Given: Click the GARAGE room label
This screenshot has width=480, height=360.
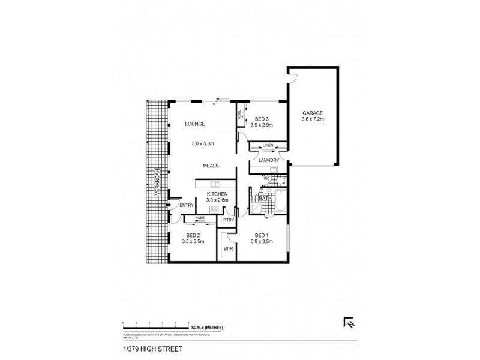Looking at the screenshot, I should click(x=312, y=113).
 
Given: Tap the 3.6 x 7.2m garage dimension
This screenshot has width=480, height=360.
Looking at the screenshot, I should click(x=312, y=119).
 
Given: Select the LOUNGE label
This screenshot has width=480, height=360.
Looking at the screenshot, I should click(x=195, y=124).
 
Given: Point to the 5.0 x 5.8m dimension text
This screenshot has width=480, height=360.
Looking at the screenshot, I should click(x=203, y=144).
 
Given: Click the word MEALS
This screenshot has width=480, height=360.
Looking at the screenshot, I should click(x=210, y=166).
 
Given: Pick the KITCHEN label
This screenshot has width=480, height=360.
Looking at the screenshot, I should click(x=216, y=194).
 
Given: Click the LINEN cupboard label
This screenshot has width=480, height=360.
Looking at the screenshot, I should click(x=268, y=145).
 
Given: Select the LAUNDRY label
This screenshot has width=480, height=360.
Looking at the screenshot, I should click(x=269, y=160).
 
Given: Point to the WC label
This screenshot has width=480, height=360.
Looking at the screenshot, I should click(x=267, y=178).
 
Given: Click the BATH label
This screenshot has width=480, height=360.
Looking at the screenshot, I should click(x=265, y=197).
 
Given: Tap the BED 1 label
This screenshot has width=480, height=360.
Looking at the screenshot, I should click(x=262, y=235).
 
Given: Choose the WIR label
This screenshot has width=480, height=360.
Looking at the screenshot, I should click(x=228, y=248).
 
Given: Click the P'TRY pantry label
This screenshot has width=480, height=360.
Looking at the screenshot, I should click(x=228, y=220).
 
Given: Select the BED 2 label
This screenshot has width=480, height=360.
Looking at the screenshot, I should click(x=193, y=235).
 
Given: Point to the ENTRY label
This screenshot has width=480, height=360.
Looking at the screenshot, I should click(x=187, y=206).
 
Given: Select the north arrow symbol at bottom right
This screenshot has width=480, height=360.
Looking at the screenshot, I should click(x=348, y=322).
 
